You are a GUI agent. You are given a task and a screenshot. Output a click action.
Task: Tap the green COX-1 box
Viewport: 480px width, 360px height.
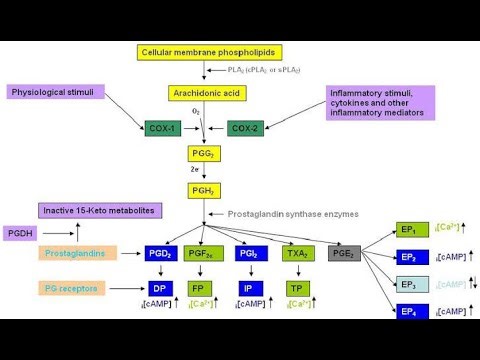160,128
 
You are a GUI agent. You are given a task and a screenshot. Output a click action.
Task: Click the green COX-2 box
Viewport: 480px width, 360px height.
245,128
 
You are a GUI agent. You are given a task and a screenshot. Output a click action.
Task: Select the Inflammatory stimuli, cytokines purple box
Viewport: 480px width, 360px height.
383,103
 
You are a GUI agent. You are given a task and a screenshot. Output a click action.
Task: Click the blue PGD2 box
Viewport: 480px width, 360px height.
162,254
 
